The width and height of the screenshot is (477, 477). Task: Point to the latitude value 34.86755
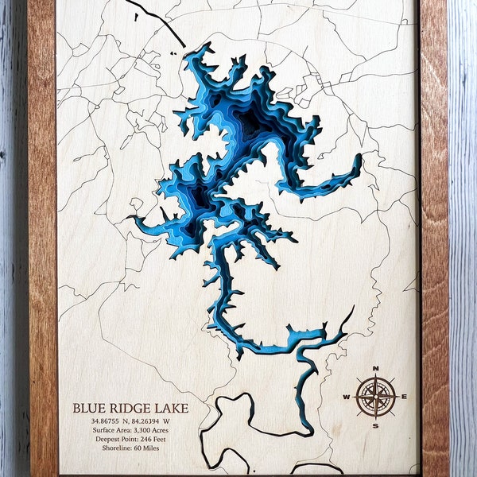(x=107, y=421)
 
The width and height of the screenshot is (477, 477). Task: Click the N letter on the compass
(x=375, y=368)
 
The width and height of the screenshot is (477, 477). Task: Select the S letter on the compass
(x=375, y=425)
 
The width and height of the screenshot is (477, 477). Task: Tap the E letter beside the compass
(x=404, y=397)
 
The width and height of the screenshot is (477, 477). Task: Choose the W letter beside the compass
(x=347, y=397)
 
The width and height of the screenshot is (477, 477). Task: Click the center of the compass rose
(x=375, y=397)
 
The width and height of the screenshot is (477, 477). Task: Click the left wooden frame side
(x=41, y=238)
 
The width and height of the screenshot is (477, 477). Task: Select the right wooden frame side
(x=433, y=238)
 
